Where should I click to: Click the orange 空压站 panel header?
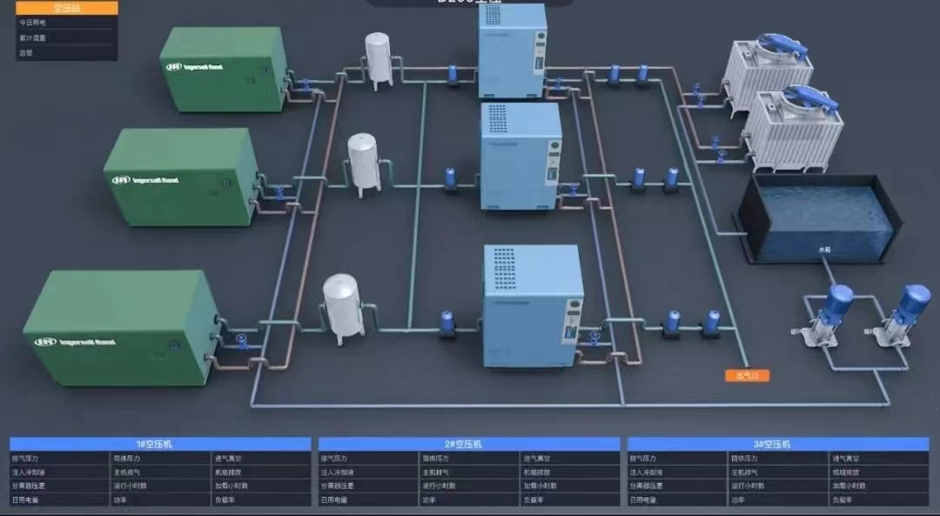pos(66,8)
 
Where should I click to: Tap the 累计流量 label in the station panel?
pos(32,37)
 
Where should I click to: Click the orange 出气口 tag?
pos(747,376)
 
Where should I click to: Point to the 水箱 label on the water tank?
pos(824,250)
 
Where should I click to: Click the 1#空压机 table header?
pos(160,444)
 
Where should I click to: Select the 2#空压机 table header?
pos(469,444)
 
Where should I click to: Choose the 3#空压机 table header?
pos(777,444)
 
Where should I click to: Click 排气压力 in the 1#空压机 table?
pos(25,458)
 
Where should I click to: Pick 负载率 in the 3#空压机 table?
pos(843,500)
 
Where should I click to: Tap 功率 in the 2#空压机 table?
pos(429,500)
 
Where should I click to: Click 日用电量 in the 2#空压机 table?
pos(334,500)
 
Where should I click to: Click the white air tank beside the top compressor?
pos(379,57)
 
